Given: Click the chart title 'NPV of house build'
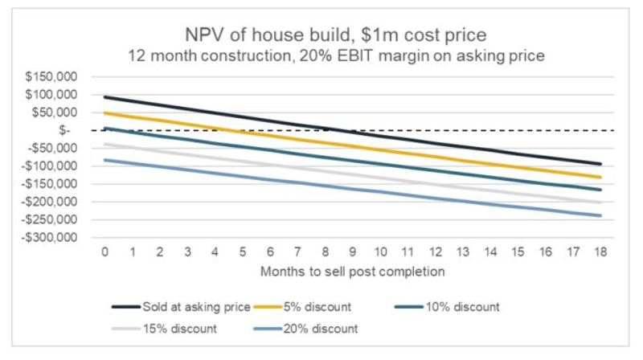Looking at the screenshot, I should coord(321,36).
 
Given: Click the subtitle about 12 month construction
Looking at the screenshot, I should coord(321,57).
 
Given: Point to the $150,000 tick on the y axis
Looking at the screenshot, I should coord(52,77).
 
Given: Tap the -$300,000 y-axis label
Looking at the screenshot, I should coord(51,238).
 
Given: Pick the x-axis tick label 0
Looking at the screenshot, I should coord(104,253).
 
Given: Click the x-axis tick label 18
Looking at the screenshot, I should coord(603,253).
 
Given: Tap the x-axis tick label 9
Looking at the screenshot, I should coord(354,253).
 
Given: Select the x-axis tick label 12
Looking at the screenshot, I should coord(436,253).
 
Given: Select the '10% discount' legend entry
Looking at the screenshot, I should coord(461,306).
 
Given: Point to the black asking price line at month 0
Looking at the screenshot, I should coord(104,97).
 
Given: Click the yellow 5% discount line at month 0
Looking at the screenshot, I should coord(104,113).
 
